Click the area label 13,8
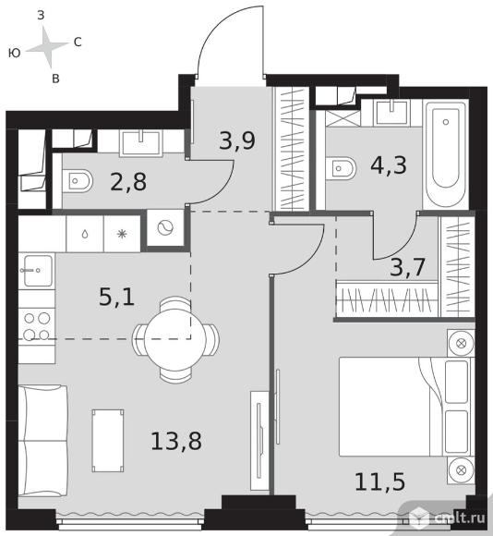(x=176, y=442)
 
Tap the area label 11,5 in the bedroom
(x=380, y=482)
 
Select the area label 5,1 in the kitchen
(x=116, y=297)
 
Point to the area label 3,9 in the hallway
(x=237, y=140)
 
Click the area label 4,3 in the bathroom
(x=389, y=165)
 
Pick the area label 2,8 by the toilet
(x=128, y=182)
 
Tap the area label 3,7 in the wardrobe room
(x=407, y=267)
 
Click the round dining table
(x=175, y=339)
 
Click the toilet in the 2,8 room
(x=78, y=181)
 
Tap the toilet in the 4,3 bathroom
(x=341, y=168)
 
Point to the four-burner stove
(x=37, y=327)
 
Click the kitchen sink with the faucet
(x=37, y=271)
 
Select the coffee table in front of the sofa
(x=108, y=441)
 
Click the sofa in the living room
(x=42, y=441)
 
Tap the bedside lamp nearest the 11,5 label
(x=461, y=470)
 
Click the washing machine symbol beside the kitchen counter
(x=165, y=227)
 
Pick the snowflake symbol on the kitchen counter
(x=122, y=234)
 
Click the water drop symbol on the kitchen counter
(x=85, y=234)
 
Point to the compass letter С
(x=78, y=42)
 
